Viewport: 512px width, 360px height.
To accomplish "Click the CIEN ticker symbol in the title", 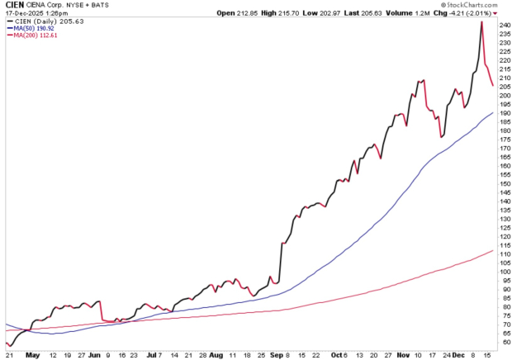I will coord(14,5).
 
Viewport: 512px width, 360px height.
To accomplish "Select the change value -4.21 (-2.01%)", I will coord(474,13).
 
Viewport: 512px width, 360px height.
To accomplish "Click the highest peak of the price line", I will coord(481,22).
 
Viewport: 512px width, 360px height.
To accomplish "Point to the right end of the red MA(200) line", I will coord(493,250).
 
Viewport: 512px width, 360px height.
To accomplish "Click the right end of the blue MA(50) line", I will coord(493,112).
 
